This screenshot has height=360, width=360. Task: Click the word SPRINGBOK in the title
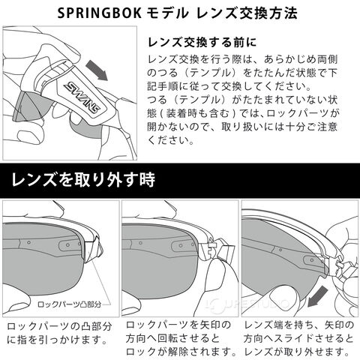[100, 13]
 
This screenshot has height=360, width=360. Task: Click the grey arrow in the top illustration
[97, 70]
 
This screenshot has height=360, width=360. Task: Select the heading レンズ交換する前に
[202, 42]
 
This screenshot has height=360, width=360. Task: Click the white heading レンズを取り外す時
[83, 180]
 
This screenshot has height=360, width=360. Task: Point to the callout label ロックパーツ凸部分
[69, 304]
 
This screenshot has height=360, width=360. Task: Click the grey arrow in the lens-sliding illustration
[317, 296]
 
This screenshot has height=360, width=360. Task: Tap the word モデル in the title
[166, 13]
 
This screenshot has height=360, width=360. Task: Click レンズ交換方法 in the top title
[247, 13]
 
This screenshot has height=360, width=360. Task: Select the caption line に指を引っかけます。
[57, 340]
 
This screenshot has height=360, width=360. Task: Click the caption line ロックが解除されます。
[181, 352]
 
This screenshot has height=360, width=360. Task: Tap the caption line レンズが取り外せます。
[297, 352]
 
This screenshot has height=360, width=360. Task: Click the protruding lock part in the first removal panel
[93, 248]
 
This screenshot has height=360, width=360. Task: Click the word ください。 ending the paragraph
[170, 140]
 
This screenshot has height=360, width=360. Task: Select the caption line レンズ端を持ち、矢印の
[299, 325]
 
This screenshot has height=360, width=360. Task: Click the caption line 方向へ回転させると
[172, 338]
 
